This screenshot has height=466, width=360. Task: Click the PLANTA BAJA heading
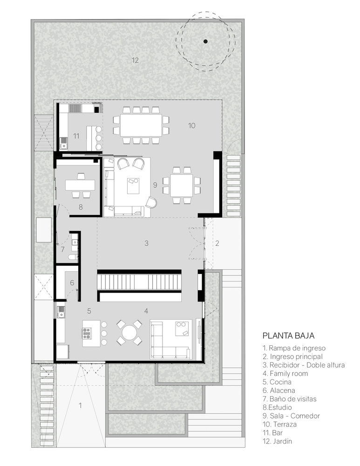288,336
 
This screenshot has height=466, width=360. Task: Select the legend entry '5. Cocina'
277,382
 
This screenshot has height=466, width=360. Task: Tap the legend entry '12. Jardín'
277,441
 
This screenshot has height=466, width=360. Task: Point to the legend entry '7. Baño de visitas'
290,399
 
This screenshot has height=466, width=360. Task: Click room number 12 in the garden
135,60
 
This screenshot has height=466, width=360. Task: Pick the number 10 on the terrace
191,125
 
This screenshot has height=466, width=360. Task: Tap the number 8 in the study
81,207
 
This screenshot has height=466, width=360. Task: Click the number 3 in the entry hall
146,243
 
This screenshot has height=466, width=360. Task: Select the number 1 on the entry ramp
80,405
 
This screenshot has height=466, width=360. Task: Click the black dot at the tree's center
205,41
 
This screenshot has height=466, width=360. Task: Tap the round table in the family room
129,332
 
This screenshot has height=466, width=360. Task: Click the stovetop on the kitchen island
87,333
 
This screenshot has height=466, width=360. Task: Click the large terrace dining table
141,125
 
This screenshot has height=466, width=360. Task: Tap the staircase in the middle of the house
139,282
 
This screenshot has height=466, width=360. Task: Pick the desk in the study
80,185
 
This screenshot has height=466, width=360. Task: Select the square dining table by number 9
182,185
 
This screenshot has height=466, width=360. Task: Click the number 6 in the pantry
72,283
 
